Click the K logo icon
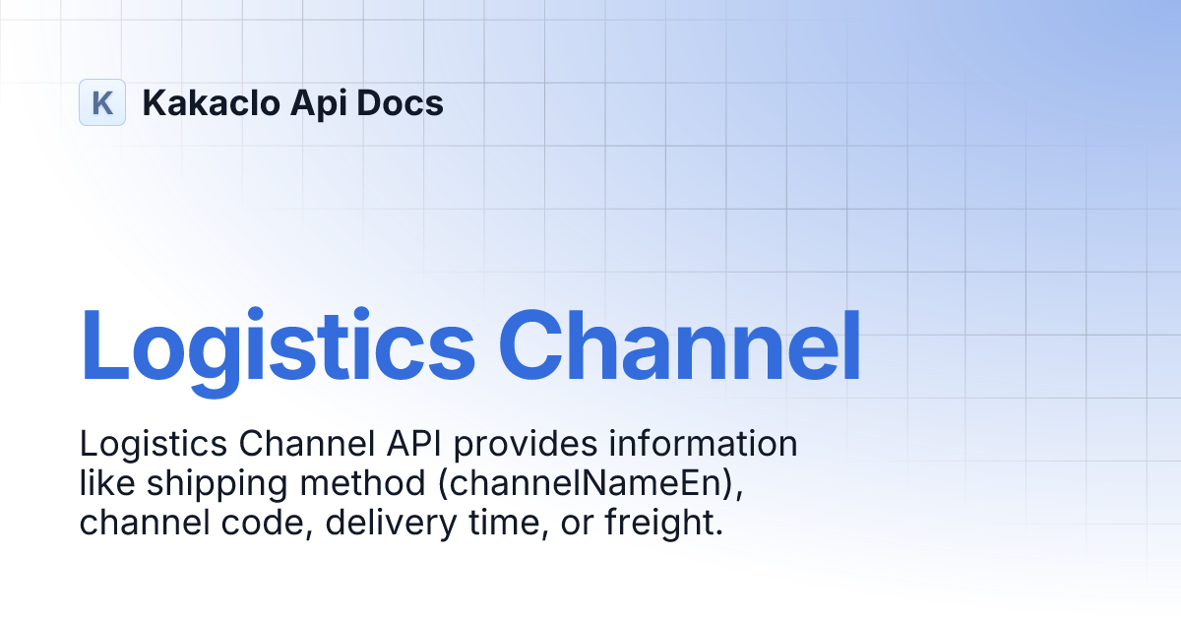[x=102, y=102]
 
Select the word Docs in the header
[x=402, y=102]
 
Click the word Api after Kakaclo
[x=307, y=102]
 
